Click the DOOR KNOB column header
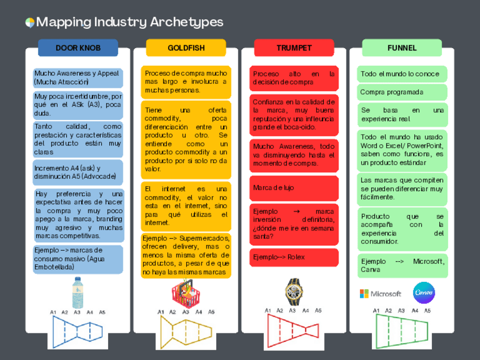[78, 48]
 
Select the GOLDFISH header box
[186, 48]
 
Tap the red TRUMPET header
[294, 48]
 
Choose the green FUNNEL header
[402, 48]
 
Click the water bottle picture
[78, 293]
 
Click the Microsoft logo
[380, 294]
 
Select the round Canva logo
[424, 293]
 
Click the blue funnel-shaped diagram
[78, 331]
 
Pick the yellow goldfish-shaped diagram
[186, 331]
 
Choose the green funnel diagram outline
[402, 331]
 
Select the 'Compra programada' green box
[402, 92]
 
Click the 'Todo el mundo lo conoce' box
[402, 74]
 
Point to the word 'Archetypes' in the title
[187, 22]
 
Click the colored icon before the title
[30, 23]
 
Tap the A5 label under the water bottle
[102, 312]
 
